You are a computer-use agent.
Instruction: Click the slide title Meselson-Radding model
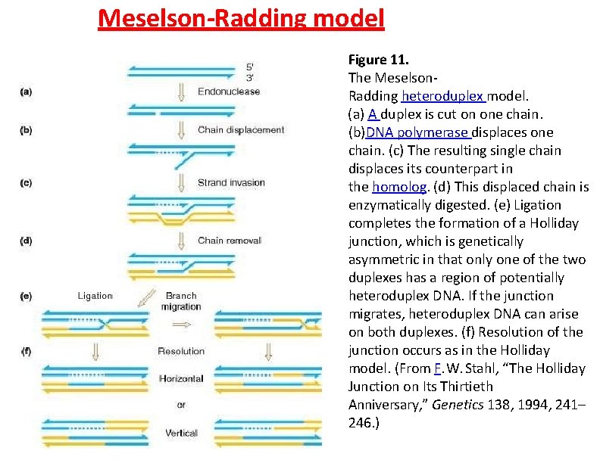[241, 17]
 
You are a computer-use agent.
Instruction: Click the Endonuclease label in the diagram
[228, 92]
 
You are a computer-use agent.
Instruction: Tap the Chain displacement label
[241, 129]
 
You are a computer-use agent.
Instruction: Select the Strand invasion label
[231, 182]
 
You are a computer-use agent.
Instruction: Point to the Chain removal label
[229, 241]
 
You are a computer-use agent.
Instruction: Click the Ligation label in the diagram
[95, 296]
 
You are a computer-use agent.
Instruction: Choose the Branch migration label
[180, 301]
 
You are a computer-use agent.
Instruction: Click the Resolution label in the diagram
[181, 351]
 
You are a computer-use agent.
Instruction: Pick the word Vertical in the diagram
[181, 433]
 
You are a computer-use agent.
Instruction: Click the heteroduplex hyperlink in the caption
[443, 96]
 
